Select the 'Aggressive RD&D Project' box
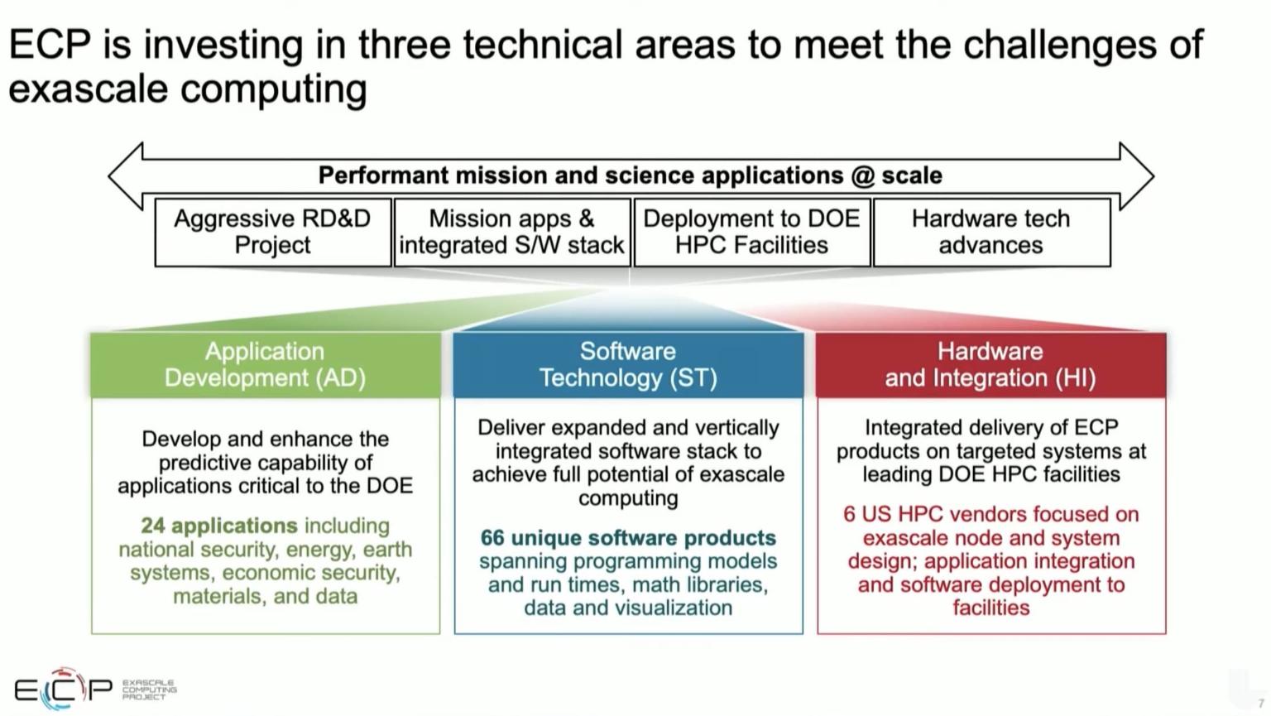pyautogui.click(x=272, y=232)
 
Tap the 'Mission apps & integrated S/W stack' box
pyautogui.click(x=511, y=232)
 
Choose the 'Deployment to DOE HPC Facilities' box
pyautogui.click(x=751, y=232)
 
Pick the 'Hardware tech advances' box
pyautogui.click(x=990, y=232)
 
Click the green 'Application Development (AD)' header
pyautogui.click(x=265, y=364)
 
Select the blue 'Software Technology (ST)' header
pyautogui.click(x=628, y=364)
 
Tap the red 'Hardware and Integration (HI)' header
pyautogui.click(x=990, y=364)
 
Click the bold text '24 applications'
pyautogui.click(x=218, y=526)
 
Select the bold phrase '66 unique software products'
pyautogui.click(x=628, y=538)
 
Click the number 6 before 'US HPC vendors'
pyautogui.click(x=849, y=514)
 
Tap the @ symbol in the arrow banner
pyautogui.click(x=862, y=175)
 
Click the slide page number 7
pyautogui.click(x=1261, y=704)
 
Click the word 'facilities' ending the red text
pyautogui.click(x=990, y=608)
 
